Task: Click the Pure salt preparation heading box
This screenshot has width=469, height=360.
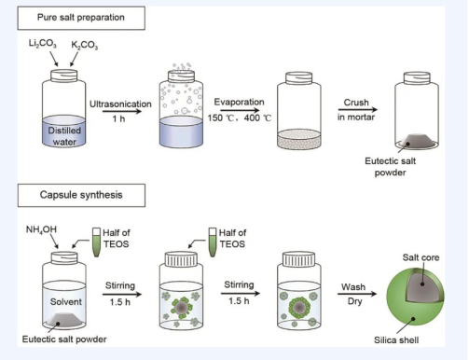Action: click(x=81, y=18)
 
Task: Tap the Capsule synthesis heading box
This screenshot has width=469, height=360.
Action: click(x=81, y=195)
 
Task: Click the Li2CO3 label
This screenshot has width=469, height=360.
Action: click(x=43, y=43)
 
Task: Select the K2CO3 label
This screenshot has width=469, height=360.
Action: click(x=85, y=46)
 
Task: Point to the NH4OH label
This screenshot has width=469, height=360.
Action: click(x=41, y=229)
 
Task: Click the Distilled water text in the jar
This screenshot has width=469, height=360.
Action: click(x=64, y=136)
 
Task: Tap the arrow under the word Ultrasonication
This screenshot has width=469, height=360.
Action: click(x=122, y=111)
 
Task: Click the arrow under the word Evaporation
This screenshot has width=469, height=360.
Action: click(x=240, y=110)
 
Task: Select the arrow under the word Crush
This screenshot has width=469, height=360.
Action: click(x=358, y=109)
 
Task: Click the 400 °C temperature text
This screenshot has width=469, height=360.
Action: click(x=257, y=118)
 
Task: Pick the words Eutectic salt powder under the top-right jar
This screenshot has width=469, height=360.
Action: click(x=391, y=167)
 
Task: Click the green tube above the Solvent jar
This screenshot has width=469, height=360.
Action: click(x=96, y=242)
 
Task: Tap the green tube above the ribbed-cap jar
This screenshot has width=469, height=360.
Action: click(x=213, y=242)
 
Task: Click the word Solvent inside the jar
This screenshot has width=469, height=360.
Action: click(x=66, y=301)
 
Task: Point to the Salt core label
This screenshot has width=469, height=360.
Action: click(x=421, y=257)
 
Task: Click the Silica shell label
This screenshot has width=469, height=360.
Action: click(x=396, y=340)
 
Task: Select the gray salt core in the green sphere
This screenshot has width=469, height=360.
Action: click(x=422, y=285)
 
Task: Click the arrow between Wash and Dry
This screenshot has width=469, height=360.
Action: click(x=357, y=294)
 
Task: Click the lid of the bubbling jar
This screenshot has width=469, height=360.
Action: click(x=182, y=76)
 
